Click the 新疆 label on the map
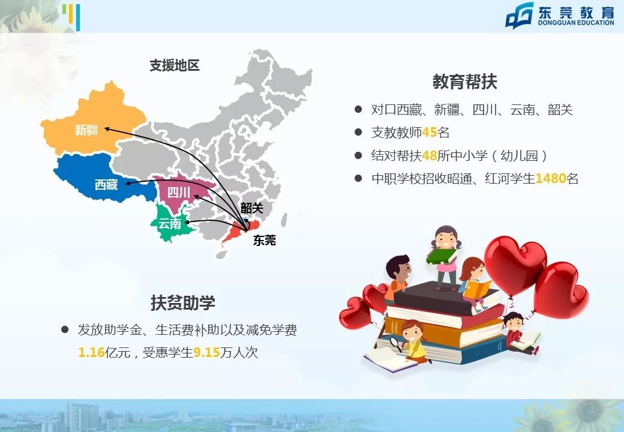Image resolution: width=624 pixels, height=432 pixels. click(86, 130)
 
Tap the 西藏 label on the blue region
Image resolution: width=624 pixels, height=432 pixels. click(106, 185)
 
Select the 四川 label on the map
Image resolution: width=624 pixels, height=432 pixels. click(179, 193)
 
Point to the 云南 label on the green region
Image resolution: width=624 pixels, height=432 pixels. click(169, 224)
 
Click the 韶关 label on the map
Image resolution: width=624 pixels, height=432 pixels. click(252, 208)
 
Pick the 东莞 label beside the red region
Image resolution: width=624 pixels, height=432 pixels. click(265, 241)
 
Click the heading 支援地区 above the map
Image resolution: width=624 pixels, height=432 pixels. click(175, 66)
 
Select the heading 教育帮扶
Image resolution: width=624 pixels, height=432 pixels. click(465, 81)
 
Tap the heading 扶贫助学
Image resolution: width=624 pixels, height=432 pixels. click(183, 302)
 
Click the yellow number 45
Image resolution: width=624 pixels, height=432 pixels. click(430, 133)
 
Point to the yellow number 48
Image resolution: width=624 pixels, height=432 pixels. click(430, 155)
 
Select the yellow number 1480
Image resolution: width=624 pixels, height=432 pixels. click(551, 178)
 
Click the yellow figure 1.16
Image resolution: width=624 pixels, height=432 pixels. click(92, 353)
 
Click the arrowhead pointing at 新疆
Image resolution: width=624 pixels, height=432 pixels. click(106, 128)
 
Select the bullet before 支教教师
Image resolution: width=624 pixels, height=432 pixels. click(358, 133)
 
